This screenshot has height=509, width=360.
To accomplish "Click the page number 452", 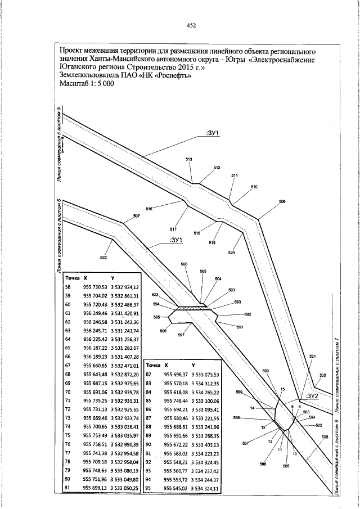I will click(x=191, y=25).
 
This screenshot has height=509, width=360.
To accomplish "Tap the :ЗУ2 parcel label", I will click(x=312, y=396).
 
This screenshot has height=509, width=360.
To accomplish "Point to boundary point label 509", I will click(x=282, y=201).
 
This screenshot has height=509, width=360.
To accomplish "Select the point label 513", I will click(x=189, y=160).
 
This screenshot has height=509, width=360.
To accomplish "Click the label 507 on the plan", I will click(x=136, y=217).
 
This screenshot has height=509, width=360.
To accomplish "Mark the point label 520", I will click(x=231, y=253).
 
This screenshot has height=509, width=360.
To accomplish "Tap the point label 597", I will click(x=181, y=335).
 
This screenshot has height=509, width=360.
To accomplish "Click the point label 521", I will click(x=313, y=357).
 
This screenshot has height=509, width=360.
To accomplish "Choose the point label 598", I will click(x=325, y=437).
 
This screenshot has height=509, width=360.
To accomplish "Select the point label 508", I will click(x=322, y=375).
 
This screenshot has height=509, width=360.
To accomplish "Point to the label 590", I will click(x=266, y=371).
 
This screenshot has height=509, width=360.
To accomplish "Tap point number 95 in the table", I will click(x=149, y=489).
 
